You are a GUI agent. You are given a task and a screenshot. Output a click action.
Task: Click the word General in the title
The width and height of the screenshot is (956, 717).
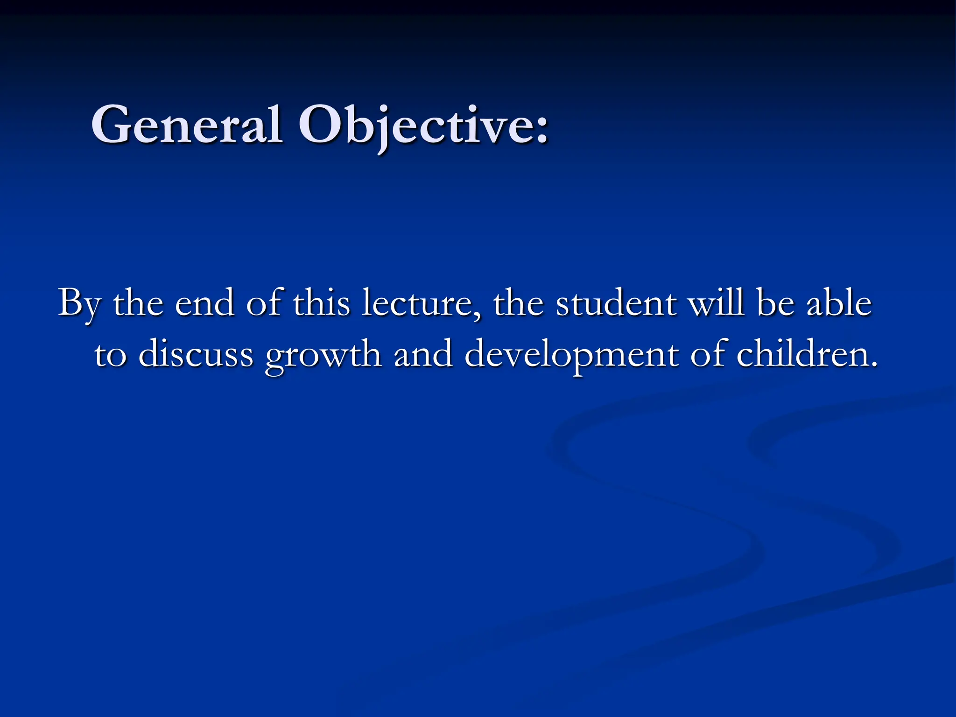point(187,125)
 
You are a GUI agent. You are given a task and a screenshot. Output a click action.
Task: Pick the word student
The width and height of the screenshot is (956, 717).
point(616,303)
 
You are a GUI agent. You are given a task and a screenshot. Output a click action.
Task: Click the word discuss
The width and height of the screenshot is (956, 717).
point(196,354)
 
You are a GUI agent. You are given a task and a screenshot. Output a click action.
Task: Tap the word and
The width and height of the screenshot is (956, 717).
point(423,354)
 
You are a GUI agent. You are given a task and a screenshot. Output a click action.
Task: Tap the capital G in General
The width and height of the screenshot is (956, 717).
point(109,125)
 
